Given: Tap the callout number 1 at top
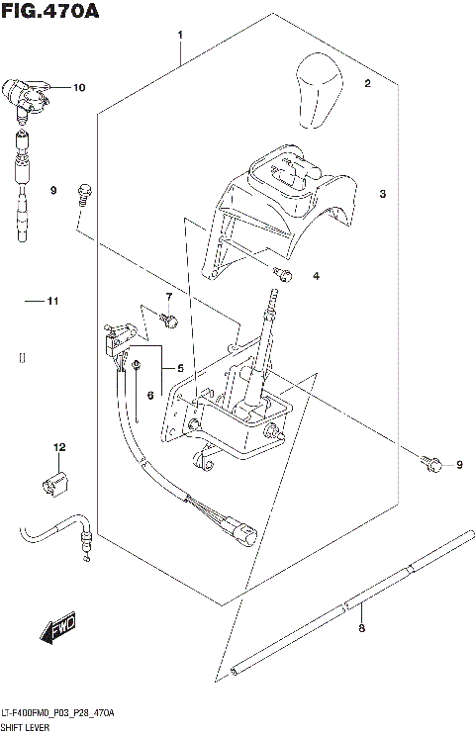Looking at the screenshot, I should pyautogui.click(x=180, y=36).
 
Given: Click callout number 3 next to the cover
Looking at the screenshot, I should pyautogui.click(x=381, y=195).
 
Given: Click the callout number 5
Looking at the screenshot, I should pyautogui.click(x=180, y=368).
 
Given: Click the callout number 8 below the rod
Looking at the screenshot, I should pyautogui.click(x=361, y=628).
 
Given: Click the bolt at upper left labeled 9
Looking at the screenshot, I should pyautogui.click(x=86, y=194).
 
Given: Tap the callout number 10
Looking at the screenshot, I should pyautogui.click(x=79, y=88).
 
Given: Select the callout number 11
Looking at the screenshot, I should pyautogui.click(x=53, y=301).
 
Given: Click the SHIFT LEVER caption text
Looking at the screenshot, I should pyautogui.click(x=29, y=727).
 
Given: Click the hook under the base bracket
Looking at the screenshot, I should pyautogui.click(x=204, y=458).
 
